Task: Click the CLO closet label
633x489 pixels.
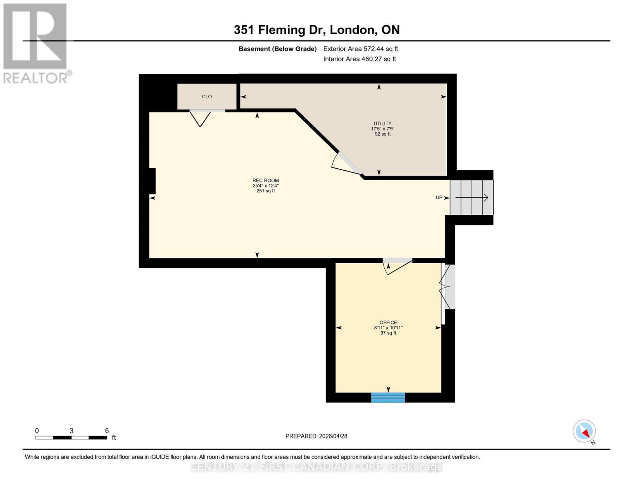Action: point(207,97)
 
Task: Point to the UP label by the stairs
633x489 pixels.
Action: point(439,198)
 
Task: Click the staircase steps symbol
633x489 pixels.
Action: point(472,198)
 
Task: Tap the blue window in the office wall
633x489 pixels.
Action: point(388,397)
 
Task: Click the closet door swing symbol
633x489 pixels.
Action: point(200,118)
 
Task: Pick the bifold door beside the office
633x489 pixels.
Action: point(447,287)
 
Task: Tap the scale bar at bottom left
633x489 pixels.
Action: point(71,438)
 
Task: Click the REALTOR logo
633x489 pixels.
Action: point(36,43)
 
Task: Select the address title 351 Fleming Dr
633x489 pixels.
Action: point(316,30)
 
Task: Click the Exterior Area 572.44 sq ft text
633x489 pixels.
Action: point(360,49)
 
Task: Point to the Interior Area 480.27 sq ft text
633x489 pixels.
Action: point(360,59)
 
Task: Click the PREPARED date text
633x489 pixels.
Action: point(316,436)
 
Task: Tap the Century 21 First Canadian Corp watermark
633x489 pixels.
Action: point(316,467)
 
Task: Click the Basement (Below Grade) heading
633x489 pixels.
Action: point(277,49)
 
